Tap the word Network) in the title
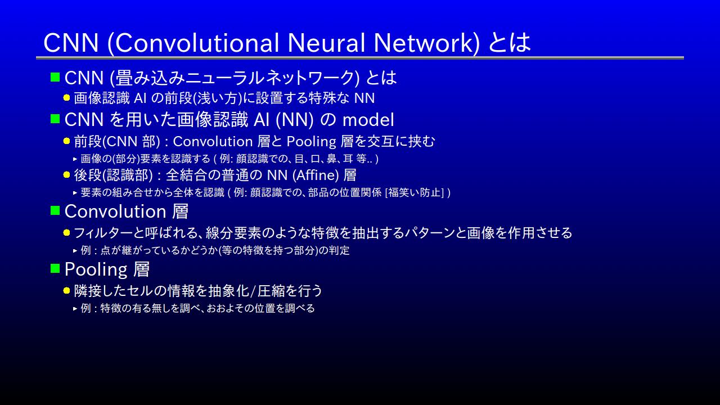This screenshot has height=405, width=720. pyautogui.click(x=426, y=43)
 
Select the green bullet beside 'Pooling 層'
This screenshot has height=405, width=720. pyautogui.click(x=55, y=268)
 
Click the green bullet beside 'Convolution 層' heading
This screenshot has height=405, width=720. pyautogui.click(x=55, y=210)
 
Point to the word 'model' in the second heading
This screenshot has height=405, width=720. pyautogui.click(x=368, y=120)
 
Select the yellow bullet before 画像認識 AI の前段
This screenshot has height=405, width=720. pyautogui.click(x=66, y=98)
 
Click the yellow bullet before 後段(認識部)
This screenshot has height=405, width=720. pyautogui.click(x=66, y=175)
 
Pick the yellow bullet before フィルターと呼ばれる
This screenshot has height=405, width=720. pyautogui.click(x=66, y=233)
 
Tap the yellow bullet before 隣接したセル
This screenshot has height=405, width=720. pyautogui.click(x=66, y=291)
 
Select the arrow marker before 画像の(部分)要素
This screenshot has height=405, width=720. pyautogui.click(x=75, y=159)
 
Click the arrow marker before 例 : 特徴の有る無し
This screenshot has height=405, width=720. pyautogui.click(x=75, y=309)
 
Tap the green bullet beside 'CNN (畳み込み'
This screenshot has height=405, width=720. pyautogui.click(x=55, y=77)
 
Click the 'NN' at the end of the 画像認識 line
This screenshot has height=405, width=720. pyautogui.click(x=364, y=98)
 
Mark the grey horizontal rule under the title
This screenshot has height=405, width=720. pyautogui.click(x=360, y=58)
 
